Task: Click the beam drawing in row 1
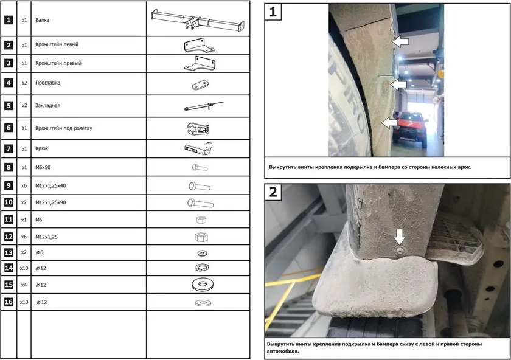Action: point(198,20)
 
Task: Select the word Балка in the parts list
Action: point(43,20)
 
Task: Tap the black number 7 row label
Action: point(9,149)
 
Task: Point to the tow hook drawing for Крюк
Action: point(198,149)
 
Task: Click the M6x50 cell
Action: point(43,167)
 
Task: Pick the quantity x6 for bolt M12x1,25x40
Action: point(24,185)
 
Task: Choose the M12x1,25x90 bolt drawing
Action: point(200,203)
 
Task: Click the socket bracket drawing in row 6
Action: point(198,129)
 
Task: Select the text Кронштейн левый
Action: point(57,44)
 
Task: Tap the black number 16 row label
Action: point(9,302)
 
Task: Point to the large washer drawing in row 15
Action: point(203,285)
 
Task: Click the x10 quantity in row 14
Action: point(24,268)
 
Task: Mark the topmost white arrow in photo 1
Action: point(400,42)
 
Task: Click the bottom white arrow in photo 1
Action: point(389,123)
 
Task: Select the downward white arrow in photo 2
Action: point(400,236)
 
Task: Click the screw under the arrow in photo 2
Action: point(399,251)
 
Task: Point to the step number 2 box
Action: point(273,192)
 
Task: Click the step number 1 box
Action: point(273,12)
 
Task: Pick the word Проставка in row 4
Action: point(48,83)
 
